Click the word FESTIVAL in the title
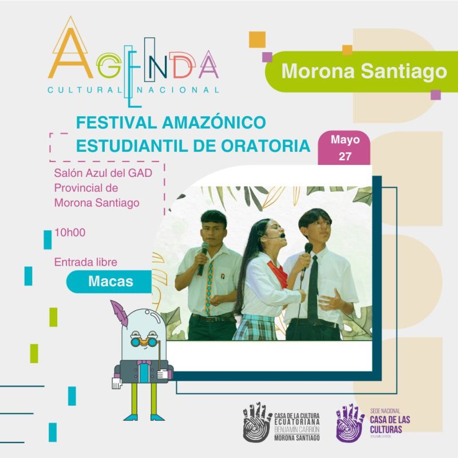[x=116, y=123]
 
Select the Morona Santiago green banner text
[x=364, y=71]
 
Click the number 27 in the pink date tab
[x=345, y=156]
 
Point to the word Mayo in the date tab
[x=345, y=140]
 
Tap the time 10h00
[x=70, y=232]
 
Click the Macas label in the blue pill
[x=110, y=281]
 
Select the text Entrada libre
[x=85, y=262]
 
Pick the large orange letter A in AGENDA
[x=70, y=54]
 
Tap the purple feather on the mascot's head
[x=120, y=313]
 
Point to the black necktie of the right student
[x=313, y=289]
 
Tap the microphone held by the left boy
[x=203, y=259]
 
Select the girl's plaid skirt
[x=255, y=327]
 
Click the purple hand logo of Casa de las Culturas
[x=350, y=423]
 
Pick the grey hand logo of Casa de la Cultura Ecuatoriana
[x=257, y=423]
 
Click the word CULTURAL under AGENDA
[x=85, y=90]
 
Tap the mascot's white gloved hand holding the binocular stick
[x=163, y=374]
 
